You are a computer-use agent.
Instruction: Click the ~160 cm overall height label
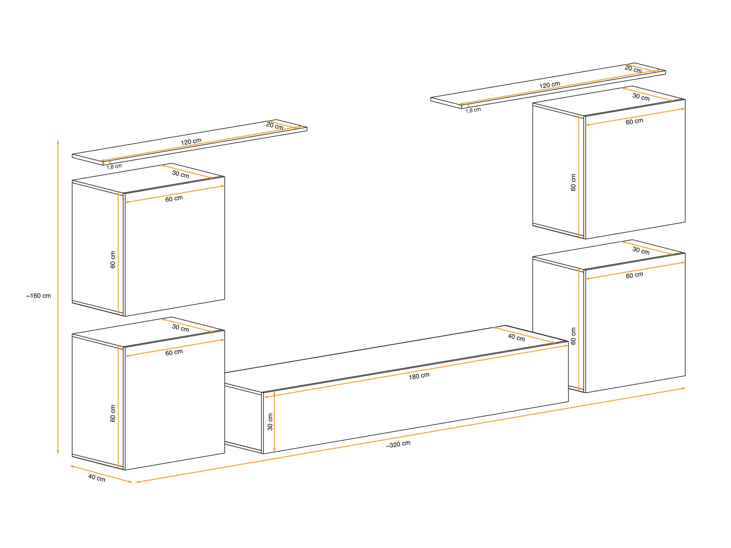click(38, 296)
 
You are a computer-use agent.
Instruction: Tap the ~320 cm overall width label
click(398, 444)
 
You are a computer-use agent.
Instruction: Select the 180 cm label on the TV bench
click(419, 376)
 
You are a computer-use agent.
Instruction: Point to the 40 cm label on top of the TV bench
click(516, 337)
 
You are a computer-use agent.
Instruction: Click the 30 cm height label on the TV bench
click(270, 422)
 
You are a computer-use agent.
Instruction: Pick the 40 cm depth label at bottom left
click(96, 477)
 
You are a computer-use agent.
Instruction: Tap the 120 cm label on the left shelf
click(191, 141)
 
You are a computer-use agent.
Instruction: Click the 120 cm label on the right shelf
click(549, 85)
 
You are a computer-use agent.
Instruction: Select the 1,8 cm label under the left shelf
click(114, 167)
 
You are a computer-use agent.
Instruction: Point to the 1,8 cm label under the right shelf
click(473, 110)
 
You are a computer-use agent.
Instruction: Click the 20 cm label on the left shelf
click(274, 126)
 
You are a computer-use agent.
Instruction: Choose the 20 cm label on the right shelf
click(633, 69)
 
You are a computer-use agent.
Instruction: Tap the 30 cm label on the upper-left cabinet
click(181, 174)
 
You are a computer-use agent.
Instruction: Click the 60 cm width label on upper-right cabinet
click(634, 121)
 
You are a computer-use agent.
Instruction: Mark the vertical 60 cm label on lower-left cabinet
click(113, 413)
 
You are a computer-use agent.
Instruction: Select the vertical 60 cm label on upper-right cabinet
click(573, 182)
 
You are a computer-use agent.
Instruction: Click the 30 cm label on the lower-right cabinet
click(641, 251)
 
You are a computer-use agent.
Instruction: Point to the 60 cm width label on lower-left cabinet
click(174, 353)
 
